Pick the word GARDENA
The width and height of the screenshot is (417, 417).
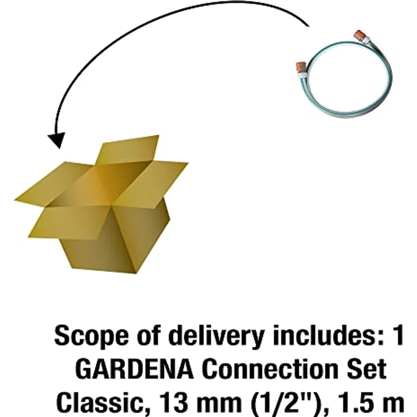134,369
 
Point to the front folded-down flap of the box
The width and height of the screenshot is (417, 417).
70,223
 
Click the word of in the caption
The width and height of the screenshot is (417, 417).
150,335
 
